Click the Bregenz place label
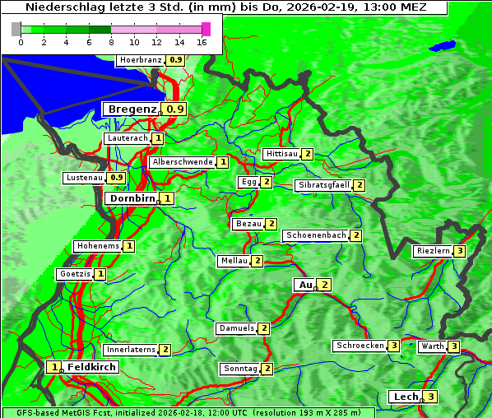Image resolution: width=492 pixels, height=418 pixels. pos(132,109)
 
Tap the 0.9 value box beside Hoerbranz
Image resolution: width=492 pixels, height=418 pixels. pos(175,60)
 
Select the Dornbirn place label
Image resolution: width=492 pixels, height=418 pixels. pos(132,198)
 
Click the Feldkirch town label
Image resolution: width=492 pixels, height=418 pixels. pos(91,367)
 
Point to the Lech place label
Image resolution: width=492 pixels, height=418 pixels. pos(406,397)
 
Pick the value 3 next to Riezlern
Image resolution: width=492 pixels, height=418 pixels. pos(460,251)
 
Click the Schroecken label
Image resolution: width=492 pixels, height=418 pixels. pos(360,346)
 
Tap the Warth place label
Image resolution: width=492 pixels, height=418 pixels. pos(433,346)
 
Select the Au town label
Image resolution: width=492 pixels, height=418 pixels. pos(304,285)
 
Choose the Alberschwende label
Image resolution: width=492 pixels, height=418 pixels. pos(183,162)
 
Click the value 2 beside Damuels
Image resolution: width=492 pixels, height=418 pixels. pos(264,328)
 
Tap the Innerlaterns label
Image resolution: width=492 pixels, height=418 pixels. pos(132,350)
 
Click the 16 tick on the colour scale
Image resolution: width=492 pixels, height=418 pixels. pos(202,42)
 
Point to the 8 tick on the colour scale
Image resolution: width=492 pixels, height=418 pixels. pos(111,42)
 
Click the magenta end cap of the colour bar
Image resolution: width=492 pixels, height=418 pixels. pos(206,29)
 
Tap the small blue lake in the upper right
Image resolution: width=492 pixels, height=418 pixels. pos(442,45)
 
